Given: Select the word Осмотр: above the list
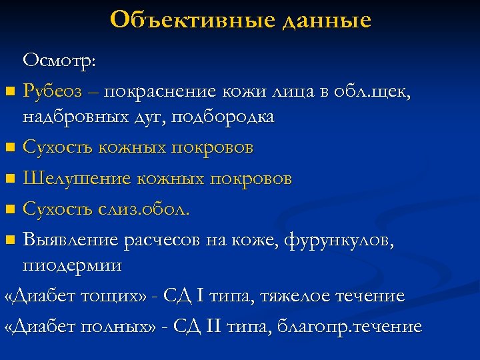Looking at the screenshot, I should pos(59,61).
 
